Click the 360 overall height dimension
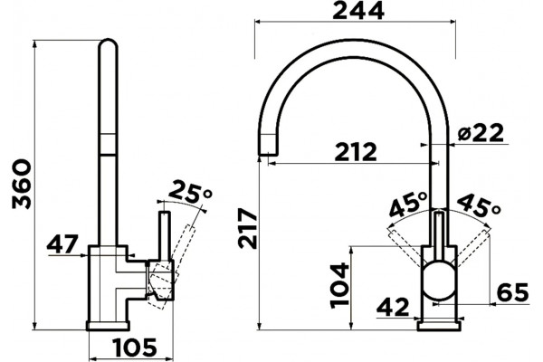[22, 184]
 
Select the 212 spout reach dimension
[356, 151]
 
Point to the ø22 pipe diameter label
[480, 133]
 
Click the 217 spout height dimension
[248, 228]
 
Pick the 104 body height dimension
[339, 285]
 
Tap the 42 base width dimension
[393, 307]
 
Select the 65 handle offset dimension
[513, 292]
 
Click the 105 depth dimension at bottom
[135, 348]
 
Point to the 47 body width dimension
[62, 243]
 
